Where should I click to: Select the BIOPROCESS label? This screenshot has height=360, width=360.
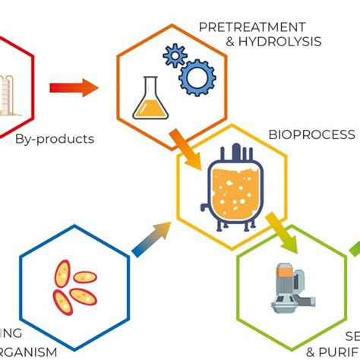click(x=311, y=134)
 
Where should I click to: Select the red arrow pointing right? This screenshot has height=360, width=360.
click(x=73, y=88)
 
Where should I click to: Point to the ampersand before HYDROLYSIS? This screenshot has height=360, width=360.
click(x=231, y=41)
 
